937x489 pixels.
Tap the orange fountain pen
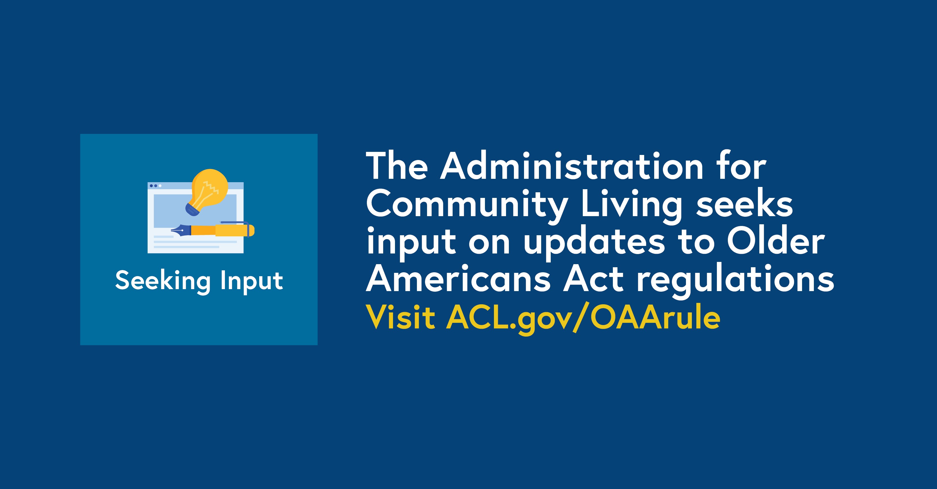[x=213, y=230]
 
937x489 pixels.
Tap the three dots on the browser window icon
[x=156, y=186]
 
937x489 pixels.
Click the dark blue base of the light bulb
[x=191, y=210]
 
